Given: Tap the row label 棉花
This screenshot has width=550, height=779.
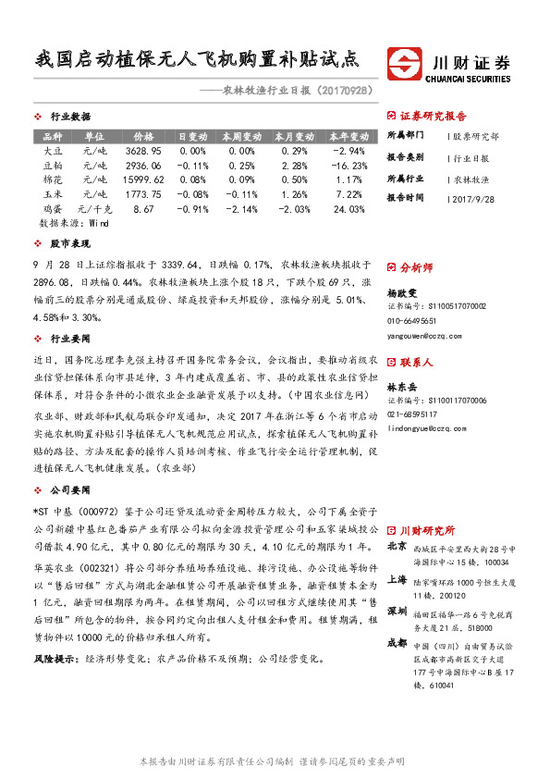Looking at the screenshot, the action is pyautogui.click(x=55, y=179).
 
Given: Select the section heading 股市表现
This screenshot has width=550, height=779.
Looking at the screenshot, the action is pyautogui.click(x=70, y=243).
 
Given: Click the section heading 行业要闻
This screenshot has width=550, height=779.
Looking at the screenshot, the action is pyautogui.click(x=70, y=339).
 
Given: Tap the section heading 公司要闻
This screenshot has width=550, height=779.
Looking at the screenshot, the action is pyautogui.click(x=70, y=488).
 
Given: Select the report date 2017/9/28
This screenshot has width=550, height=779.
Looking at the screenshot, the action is pyautogui.click(x=476, y=198).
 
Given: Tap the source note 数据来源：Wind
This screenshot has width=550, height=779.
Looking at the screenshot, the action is pyautogui.click(x=74, y=224).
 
